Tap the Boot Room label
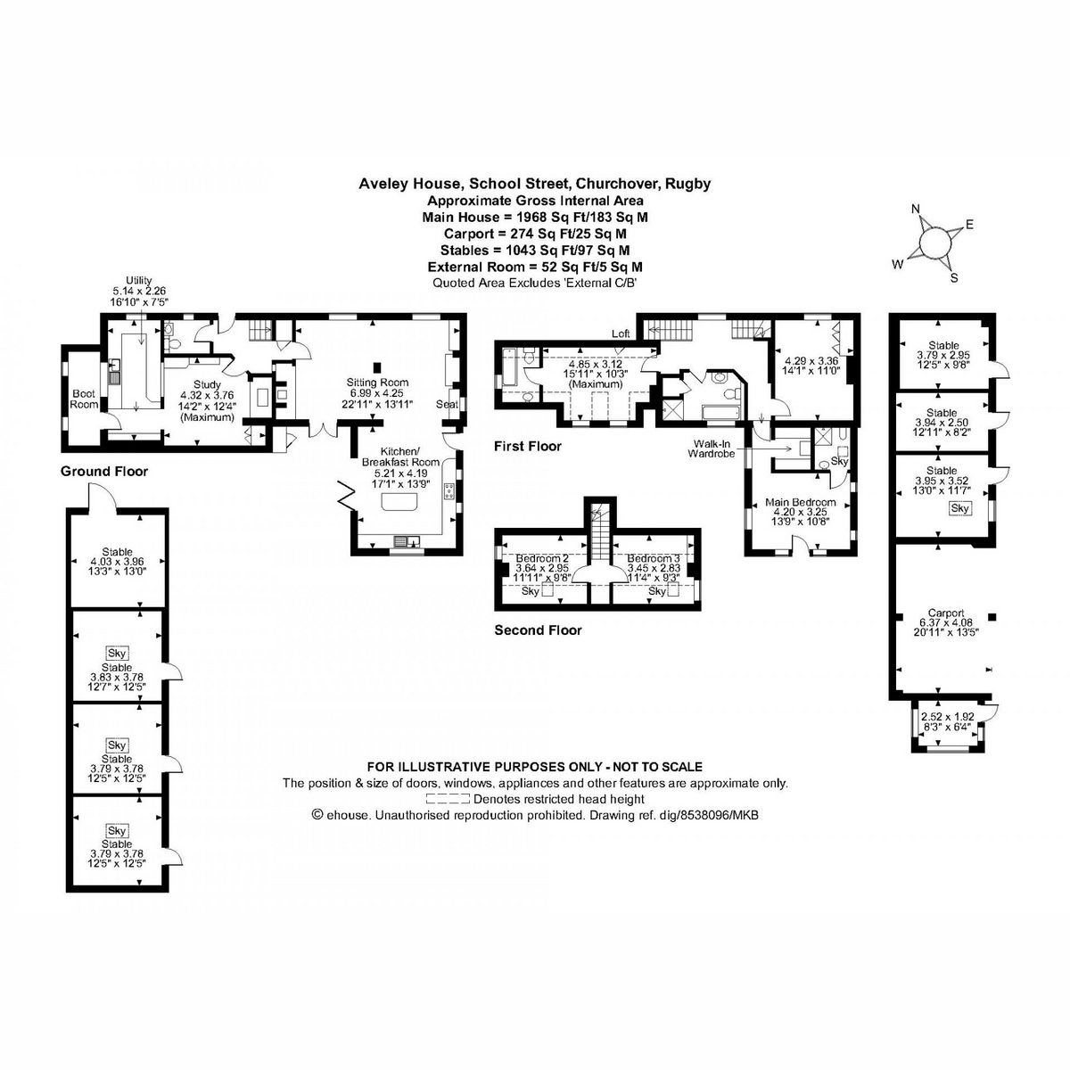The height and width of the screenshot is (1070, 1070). pyautogui.click(x=84, y=397)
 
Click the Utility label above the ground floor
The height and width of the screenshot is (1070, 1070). pyautogui.click(x=138, y=281)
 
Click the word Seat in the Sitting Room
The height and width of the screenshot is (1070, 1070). pyautogui.click(x=447, y=404)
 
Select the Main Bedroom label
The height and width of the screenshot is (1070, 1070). pyautogui.click(x=801, y=502)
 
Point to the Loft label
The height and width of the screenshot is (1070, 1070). pyautogui.click(x=621, y=333)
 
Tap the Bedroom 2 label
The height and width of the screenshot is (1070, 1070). pyautogui.click(x=542, y=558)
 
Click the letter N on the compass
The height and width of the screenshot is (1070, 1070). pyautogui.click(x=915, y=209)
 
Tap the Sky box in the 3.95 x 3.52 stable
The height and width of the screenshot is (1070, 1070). pyautogui.click(x=959, y=508)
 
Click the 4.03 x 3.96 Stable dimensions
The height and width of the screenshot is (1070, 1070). pyautogui.click(x=117, y=562)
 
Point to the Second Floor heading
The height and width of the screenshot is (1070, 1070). pyautogui.click(x=538, y=630)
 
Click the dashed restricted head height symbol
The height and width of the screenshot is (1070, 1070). pyautogui.click(x=448, y=799)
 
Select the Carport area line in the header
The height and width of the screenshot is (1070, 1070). pyautogui.click(x=535, y=234)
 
